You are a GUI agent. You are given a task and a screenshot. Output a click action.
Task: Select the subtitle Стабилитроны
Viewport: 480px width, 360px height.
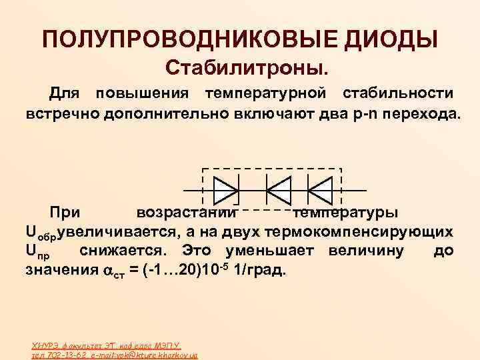click(247, 67)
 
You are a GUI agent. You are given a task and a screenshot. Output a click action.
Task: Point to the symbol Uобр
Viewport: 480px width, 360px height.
click(41, 233)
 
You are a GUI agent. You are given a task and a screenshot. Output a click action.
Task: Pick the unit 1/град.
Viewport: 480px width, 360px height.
click(260, 271)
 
